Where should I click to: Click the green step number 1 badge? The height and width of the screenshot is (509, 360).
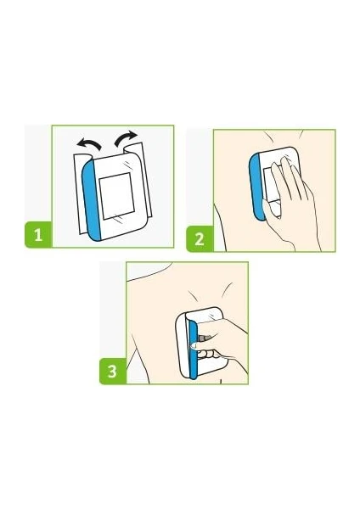[38, 234]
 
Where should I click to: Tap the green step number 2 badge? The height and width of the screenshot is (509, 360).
[200, 239]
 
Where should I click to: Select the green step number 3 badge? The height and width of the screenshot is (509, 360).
[112, 371]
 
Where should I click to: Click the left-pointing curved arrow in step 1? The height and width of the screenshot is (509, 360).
[88, 143]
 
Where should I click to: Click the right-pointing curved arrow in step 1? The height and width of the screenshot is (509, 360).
[126, 137]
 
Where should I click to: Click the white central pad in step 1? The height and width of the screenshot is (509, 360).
[116, 196]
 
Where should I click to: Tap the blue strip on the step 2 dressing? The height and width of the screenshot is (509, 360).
[256, 187]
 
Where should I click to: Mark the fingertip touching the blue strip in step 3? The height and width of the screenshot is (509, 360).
[194, 346]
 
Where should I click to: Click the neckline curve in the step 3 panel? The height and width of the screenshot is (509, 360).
[149, 272]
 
